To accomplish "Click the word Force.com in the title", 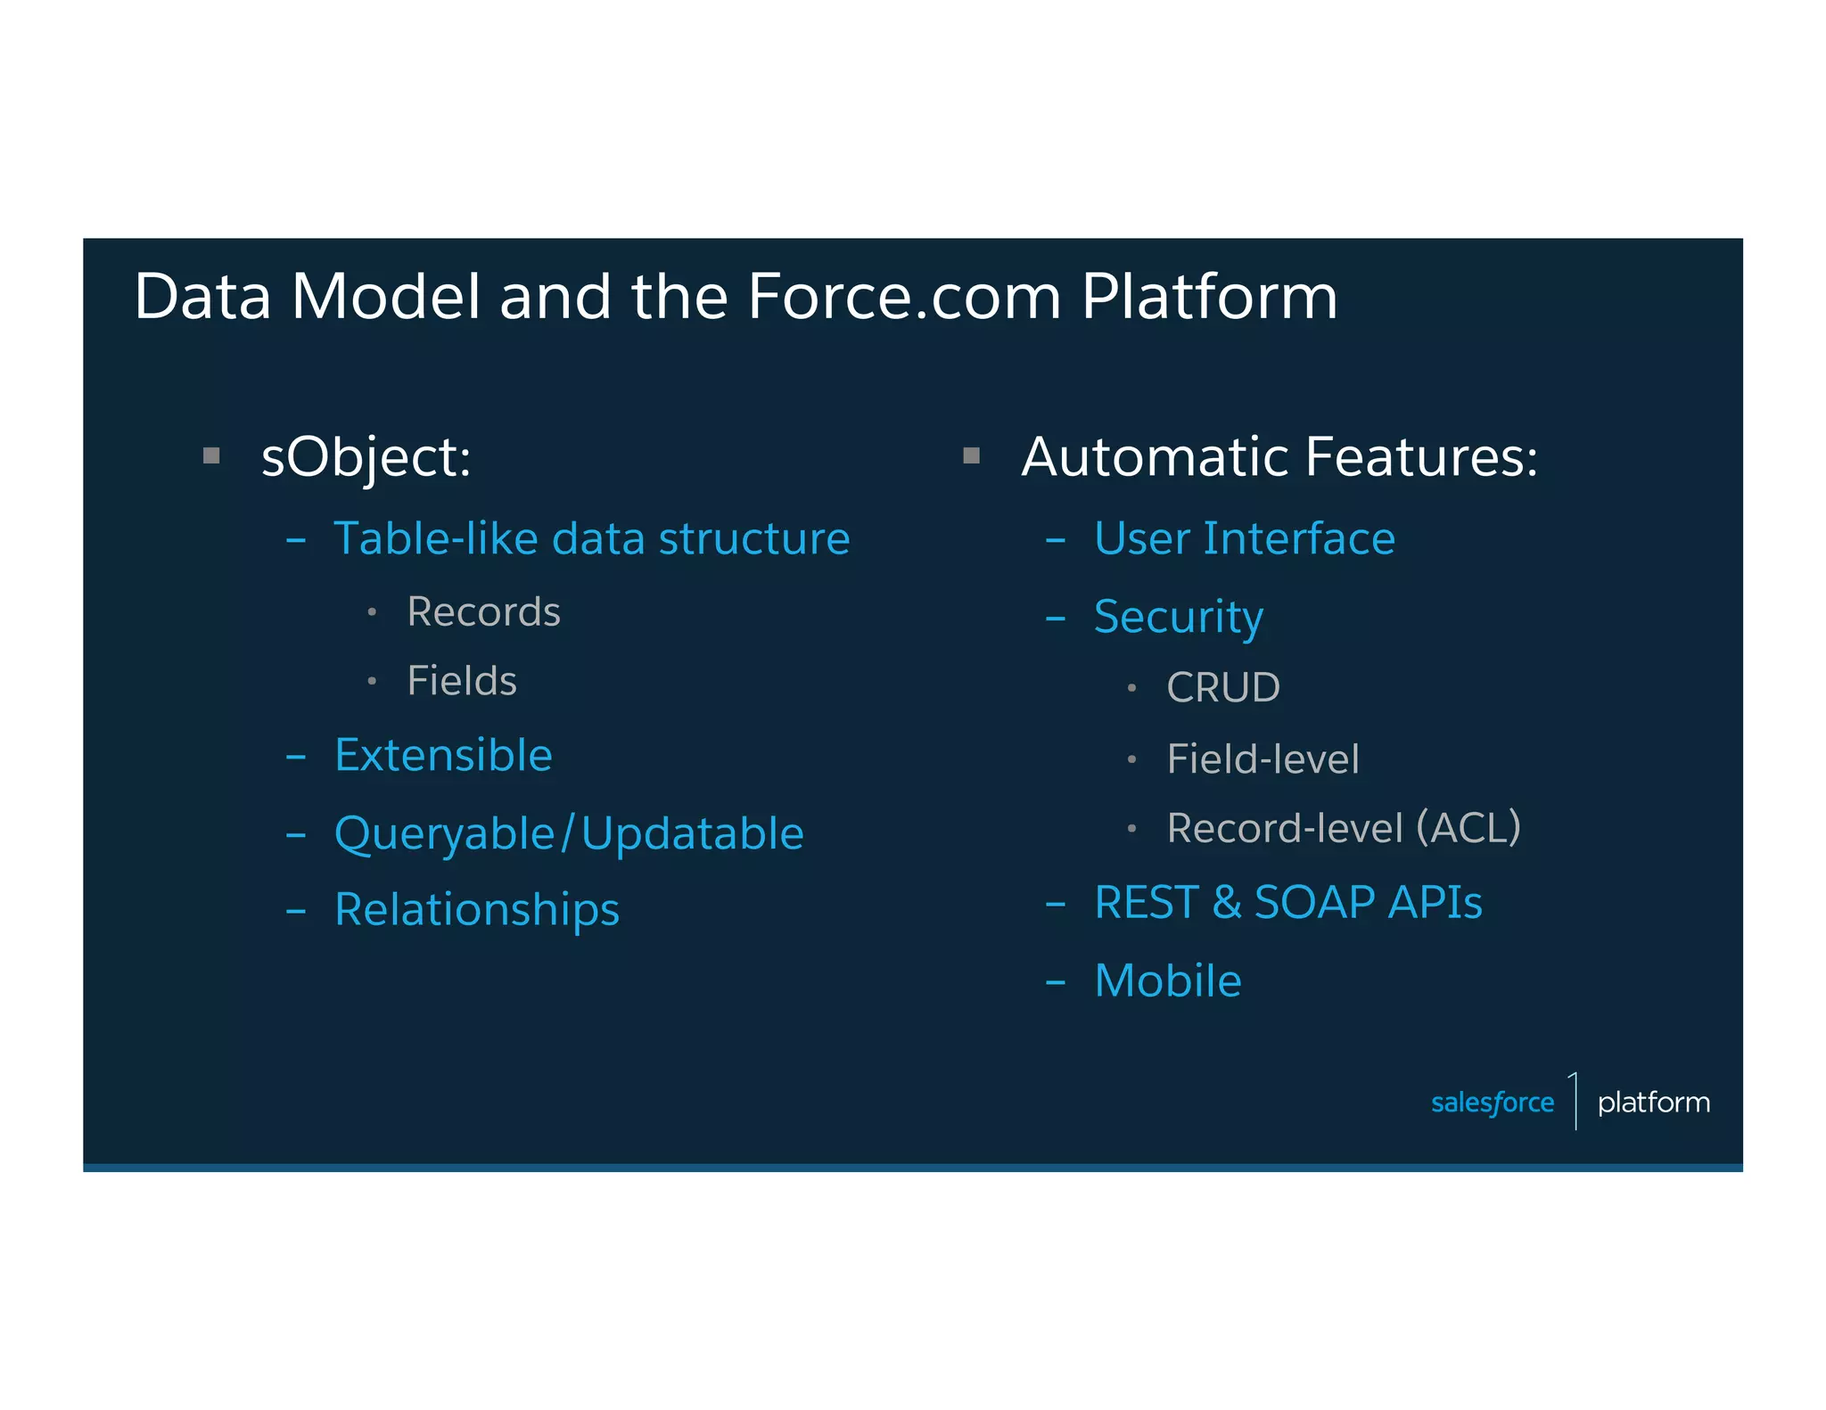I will coord(903,297).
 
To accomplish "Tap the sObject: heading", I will coord(366,457).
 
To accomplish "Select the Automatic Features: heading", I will coord(1279,457).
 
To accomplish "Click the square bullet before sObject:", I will coord(211,456).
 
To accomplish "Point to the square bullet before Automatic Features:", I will coord(971,456).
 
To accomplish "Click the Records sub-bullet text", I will coord(483,612).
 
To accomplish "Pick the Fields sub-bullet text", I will coord(461,682).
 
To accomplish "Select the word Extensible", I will coord(443,756).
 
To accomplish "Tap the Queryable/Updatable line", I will coord(569,834).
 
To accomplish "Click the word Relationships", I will coord(476,910).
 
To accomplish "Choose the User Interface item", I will coord(1244,539).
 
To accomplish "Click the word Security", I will coord(1178,618).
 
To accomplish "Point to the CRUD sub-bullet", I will coord(1222,688).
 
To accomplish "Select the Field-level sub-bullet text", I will coord(1263,759).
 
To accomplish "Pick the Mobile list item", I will coord(1167,981).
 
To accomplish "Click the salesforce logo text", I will coord(1492,1103).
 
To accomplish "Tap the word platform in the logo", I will coord(1653,1103).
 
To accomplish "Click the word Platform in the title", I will coord(1209,297).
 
